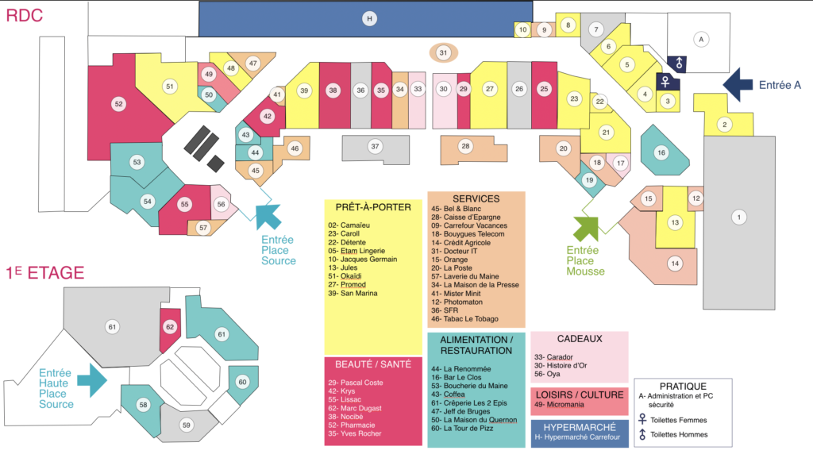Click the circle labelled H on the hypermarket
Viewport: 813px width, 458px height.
tap(369, 18)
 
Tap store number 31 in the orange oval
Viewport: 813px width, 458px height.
tap(443, 52)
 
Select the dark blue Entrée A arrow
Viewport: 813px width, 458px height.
tap(738, 84)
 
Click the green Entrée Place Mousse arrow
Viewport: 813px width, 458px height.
tap(586, 229)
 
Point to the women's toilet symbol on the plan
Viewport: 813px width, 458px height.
tap(665, 82)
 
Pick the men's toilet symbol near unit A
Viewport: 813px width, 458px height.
tap(678, 64)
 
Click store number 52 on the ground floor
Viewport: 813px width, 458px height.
tap(119, 104)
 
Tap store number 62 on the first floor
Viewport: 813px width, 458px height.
tap(170, 327)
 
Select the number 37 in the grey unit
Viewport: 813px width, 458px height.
tap(375, 147)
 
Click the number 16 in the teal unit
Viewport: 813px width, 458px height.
tap(661, 153)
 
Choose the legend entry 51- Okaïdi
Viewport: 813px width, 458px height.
tap(345, 276)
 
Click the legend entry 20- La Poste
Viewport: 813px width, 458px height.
tap(452, 267)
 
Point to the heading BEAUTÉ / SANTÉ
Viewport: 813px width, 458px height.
tap(373, 364)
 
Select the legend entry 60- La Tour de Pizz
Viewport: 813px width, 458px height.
tap(462, 429)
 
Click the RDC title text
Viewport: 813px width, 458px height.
tap(25, 16)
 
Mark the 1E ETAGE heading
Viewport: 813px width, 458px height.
tap(45, 273)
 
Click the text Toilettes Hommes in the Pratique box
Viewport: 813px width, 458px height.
tap(679, 435)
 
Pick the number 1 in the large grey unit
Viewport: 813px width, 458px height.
tap(739, 217)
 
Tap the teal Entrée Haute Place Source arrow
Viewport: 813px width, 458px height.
tap(92, 380)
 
